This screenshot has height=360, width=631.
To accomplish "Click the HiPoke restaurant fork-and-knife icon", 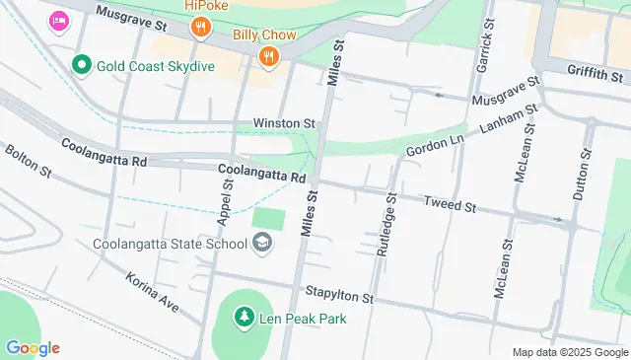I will pyautogui.click(x=200, y=28).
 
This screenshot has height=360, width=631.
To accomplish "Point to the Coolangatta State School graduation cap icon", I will pyautogui.click(x=262, y=243).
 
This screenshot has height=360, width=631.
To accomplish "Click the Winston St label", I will pyautogui.click(x=284, y=123).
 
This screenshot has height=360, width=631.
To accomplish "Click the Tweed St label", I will pyautogui.click(x=450, y=205).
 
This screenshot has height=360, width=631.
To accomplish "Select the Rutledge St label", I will pyautogui.click(x=387, y=226).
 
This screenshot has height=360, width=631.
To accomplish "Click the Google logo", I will pyautogui.click(x=33, y=348).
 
